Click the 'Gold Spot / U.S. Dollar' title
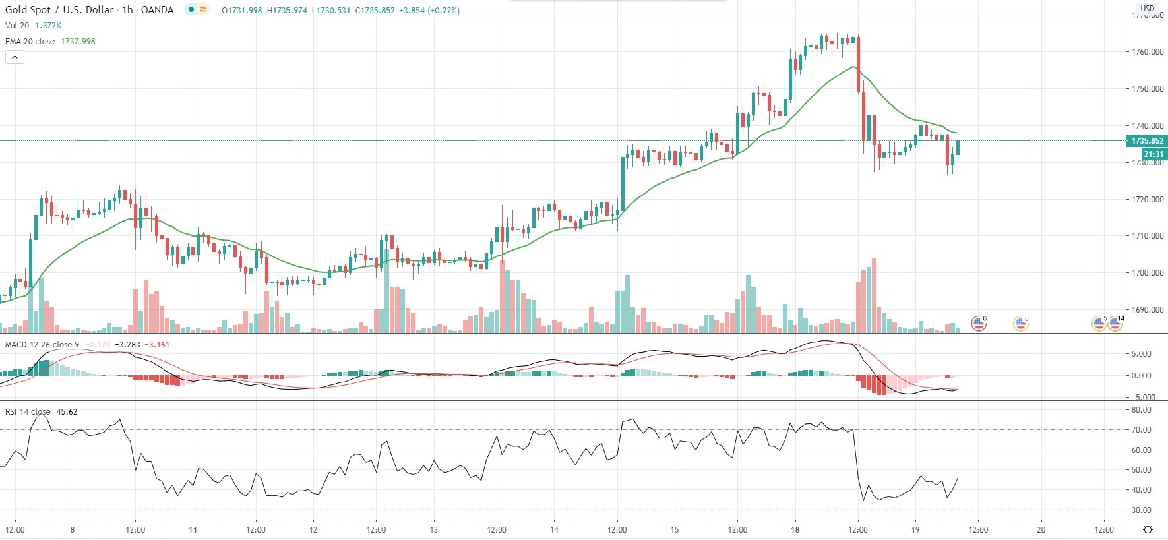click(60, 10)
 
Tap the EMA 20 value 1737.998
click(78, 41)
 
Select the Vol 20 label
click(17, 26)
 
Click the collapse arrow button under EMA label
click(15, 57)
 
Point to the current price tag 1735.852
click(1147, 141)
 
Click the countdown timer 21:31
click(1153, 154)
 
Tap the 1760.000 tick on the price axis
click(1147, 52)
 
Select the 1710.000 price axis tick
click(1147, 236)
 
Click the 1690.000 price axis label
click(1147, 309)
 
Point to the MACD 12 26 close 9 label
click(42, 344)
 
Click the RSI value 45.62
click(67, 412)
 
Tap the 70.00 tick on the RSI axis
click(1141, 430)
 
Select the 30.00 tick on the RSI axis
click(1141, 510)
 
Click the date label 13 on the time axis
click(433, 529)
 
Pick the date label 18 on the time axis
click(795, 529)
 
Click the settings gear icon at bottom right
click(1148, 529)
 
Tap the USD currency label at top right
click(1148, 9)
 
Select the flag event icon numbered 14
click(1115, 323)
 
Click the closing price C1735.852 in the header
click(375, 11)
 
